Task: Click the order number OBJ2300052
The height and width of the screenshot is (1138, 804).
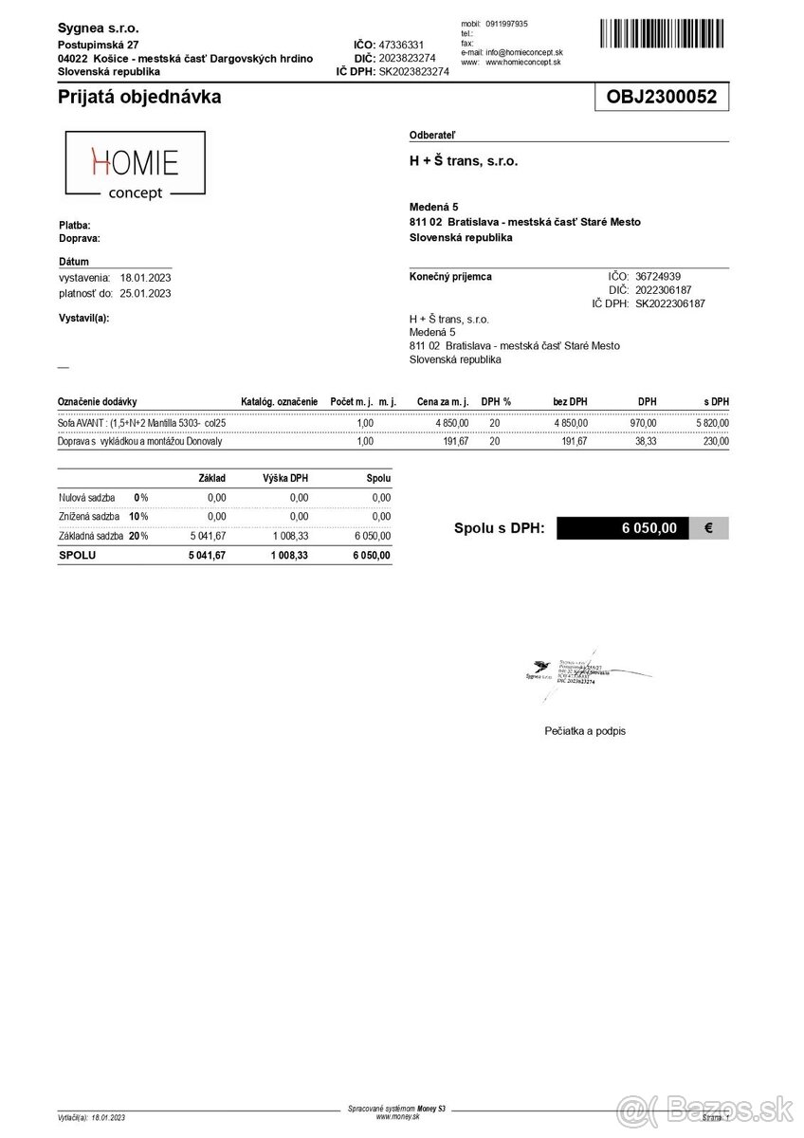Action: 662,97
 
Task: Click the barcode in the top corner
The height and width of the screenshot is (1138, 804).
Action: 665,35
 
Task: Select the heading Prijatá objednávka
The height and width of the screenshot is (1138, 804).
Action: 139,97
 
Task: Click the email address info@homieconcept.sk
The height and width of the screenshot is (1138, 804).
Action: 524,52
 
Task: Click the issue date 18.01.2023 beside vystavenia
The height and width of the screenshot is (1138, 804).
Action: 146,278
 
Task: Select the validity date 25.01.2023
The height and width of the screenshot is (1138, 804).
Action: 146,293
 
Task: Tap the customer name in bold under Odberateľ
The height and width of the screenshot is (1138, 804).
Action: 464,161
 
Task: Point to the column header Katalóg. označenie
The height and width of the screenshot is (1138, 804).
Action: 280,402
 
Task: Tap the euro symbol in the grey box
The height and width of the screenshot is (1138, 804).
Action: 710,528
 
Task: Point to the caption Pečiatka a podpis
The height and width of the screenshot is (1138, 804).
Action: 585,731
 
